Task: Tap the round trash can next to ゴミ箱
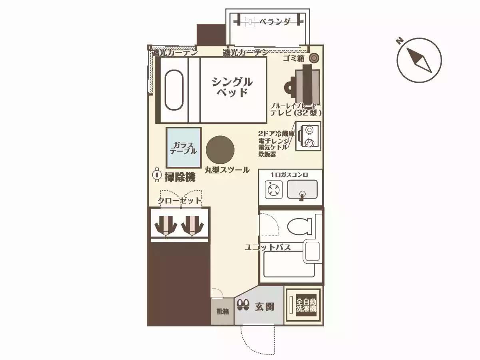coord(314,58)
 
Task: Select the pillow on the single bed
coord(173,90)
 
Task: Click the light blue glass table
coord(183,148)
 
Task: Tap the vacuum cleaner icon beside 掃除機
coord(157,175)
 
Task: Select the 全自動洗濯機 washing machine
coord(306,305)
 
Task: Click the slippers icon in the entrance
coord(243,306)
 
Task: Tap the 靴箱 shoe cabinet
coord(222,311)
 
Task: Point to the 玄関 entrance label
coord(264,307)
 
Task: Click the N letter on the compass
coord(399,41)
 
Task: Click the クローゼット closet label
coord(179,201)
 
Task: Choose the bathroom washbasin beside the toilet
coord(312,252)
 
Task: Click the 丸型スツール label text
coord(227,170)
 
